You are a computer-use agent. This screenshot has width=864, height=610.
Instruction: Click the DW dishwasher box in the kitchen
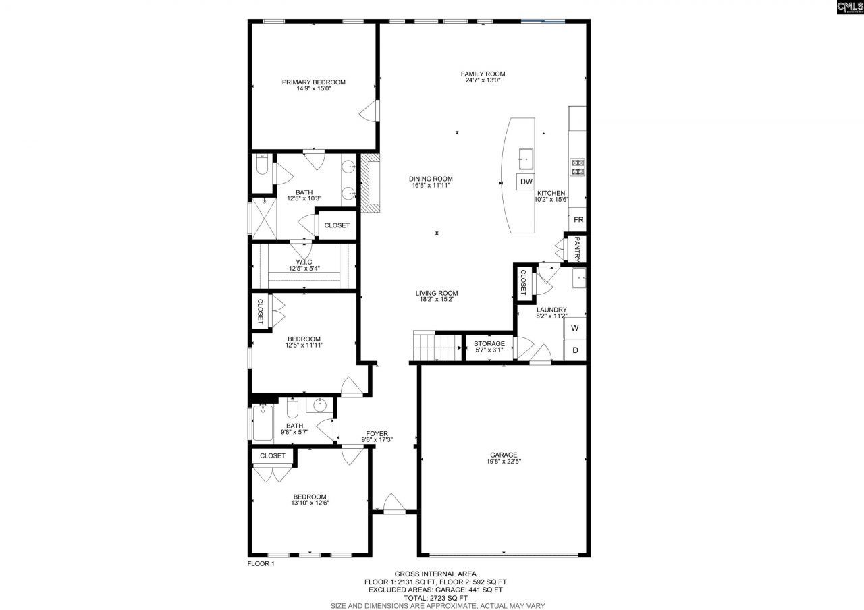coord(526,182)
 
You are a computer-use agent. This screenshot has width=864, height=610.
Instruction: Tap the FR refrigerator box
coord(578,220)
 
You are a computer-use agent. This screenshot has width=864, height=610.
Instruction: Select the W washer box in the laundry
coord(574,328)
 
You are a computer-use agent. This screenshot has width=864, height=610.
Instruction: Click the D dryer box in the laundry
coord(574,350)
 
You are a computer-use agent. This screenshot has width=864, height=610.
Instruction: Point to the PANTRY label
coord(578,248)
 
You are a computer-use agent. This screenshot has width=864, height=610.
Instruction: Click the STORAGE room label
coord(489,344)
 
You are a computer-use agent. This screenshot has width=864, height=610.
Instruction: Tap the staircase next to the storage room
coord(436,348)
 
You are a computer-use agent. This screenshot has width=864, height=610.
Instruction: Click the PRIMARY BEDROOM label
coord(313,82)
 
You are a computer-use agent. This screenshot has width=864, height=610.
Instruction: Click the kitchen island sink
coord(525,159)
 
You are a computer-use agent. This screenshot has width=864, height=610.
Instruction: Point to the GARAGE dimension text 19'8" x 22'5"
coord(504,462)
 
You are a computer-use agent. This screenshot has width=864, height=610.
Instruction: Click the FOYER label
coord(377,433)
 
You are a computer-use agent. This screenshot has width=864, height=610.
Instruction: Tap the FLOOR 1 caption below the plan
coord(261,564)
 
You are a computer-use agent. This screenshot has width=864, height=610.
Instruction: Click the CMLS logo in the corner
coord(849,7)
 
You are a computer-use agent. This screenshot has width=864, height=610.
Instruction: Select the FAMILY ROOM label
coord(483,74)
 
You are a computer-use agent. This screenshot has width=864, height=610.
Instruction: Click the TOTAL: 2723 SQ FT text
coord(436,598)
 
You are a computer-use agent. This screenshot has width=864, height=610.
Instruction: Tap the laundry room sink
coord(578,277)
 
